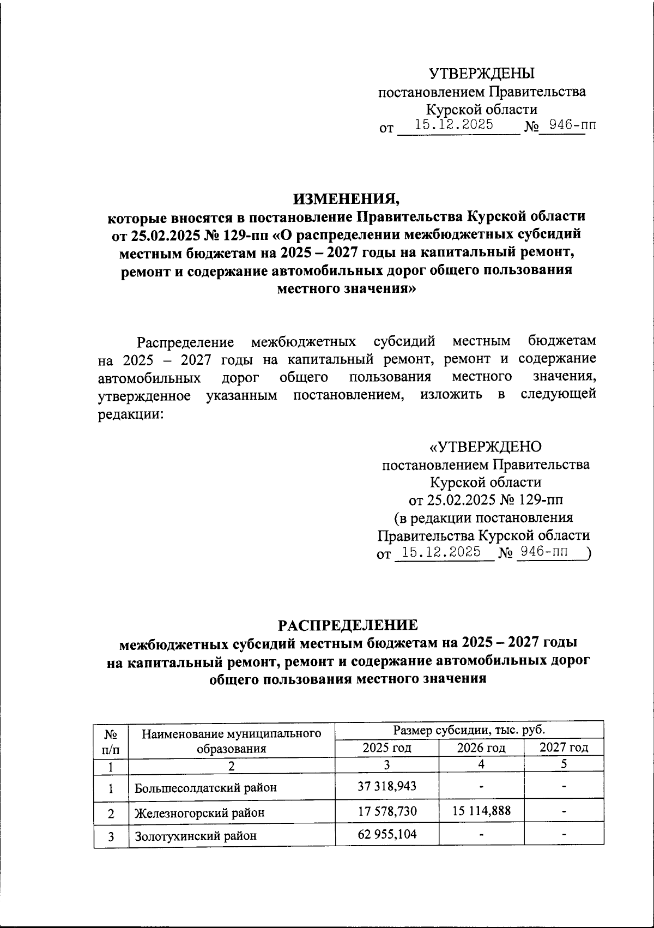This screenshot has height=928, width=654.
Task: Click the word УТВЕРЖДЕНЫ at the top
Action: [x=482, y=73]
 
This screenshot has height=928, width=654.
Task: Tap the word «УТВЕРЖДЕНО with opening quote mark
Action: [x=486, y=447]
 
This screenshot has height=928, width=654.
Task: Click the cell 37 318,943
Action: [x=387, y=786]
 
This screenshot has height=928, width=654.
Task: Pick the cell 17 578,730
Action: [x=387, y=811]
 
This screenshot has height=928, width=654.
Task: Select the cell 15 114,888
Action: [x=481, y=811]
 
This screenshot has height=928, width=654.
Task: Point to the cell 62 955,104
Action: [x=387, y=834]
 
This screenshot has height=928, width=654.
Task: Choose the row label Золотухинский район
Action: [x=196, y=835]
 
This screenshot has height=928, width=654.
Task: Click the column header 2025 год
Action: [x=387, y=748]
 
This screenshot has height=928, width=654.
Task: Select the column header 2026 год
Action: [x=481, y=748]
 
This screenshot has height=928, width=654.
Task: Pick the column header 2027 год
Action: [x=564, y=748]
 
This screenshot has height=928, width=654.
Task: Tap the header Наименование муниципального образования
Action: [x=231, y=740]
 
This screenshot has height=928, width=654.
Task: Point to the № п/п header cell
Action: [x=111, y=740]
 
